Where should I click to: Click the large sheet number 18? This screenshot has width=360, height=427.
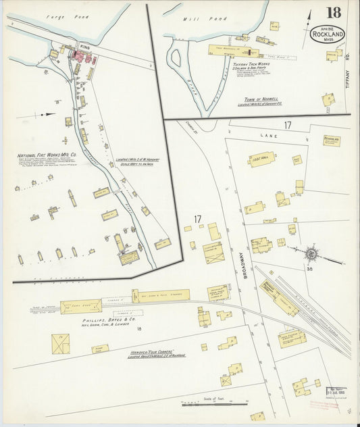point(332,13)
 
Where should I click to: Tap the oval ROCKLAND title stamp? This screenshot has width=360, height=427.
point(328,35)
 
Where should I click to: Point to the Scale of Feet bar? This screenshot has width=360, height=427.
point(215,403)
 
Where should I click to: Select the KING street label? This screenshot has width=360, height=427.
point(84,47)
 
